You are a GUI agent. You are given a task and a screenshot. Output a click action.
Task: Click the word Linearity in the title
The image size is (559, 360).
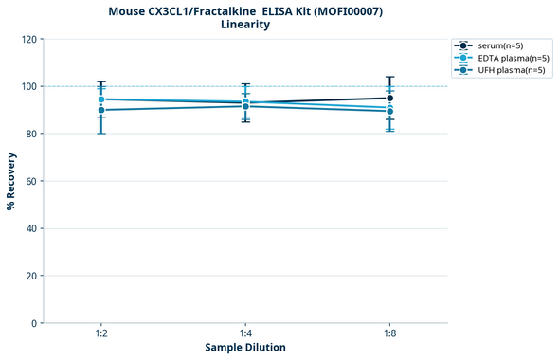click(x=244, y=25)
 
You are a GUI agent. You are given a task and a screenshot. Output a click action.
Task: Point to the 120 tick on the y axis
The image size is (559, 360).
click(x=30, y=39)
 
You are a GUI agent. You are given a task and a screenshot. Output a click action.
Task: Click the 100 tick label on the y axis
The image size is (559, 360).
click(x=30, y=86)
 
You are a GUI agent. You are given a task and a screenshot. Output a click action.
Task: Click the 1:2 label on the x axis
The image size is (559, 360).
click(x=101, y=334)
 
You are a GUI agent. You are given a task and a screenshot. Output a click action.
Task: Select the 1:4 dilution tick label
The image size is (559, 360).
click(x=245, y=334)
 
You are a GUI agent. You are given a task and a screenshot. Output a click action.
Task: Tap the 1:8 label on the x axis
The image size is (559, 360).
click(x=389, y=334)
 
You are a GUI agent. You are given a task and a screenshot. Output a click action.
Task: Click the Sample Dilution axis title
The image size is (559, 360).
click(x=245, y=348)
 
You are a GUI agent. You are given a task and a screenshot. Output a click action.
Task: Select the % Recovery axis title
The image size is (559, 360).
click(x=11, y=180)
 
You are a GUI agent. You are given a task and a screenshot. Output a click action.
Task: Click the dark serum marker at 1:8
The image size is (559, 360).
click(x=389, y=98)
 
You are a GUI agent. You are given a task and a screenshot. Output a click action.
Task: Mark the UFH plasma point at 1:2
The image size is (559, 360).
click(x=101, y=110)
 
